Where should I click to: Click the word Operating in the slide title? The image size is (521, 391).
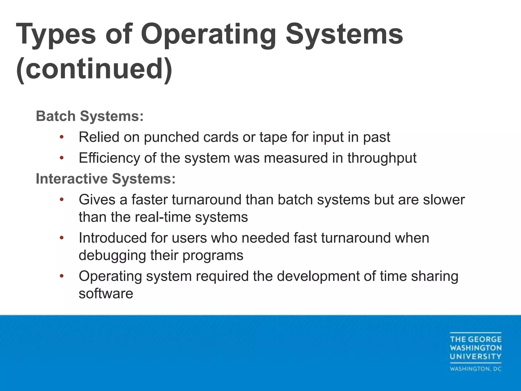(x=208, y=34)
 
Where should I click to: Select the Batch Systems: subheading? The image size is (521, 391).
(x=90, y=116)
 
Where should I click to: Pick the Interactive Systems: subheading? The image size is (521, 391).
(x=106, y=178)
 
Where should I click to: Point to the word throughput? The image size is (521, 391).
(x=382, y=158)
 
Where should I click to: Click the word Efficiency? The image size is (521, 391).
(x=109, y=158)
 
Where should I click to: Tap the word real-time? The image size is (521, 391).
(x=163, y=217)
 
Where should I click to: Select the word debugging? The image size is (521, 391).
(x=112, y=255)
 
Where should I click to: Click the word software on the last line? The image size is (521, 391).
(x=106, y=294)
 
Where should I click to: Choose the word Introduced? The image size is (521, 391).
(x=112, y=238)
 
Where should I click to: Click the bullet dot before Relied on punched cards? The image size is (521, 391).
(x=61, y=137)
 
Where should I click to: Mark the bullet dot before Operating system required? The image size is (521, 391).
(x=61, y=276)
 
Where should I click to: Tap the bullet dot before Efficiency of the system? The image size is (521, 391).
(x=61, y=158)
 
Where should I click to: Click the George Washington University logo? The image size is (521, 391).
(x=475, y=348)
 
